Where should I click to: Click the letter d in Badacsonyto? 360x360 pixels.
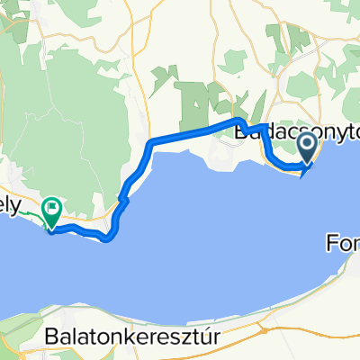[260, 131]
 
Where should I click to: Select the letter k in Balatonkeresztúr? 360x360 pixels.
[135, 335]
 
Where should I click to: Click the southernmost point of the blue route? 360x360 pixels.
[107, 239]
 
